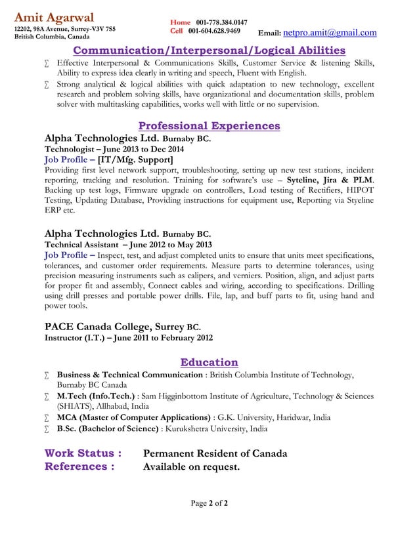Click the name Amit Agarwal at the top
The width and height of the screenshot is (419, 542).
tap(54, 17)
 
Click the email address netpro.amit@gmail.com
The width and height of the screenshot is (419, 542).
tap(330, 33)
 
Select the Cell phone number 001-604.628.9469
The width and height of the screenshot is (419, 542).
tap(214, 31)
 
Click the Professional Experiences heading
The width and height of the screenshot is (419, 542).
tap(209, 125)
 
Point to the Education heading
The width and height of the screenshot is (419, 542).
tap(209, 362)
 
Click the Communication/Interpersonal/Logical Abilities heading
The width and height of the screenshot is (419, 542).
tap(209, 51)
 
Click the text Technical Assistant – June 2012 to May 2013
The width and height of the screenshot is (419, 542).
tap(128, 244)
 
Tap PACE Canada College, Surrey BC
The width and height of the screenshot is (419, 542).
tap(122, 327)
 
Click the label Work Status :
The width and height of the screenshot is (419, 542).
tap(83, 453)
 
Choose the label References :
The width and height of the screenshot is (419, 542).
tap(79, 467)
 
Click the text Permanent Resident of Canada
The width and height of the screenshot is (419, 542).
tap(215, 453)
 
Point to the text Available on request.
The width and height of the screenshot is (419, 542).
tap(191, 467)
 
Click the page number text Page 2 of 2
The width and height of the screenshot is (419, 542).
tap(209, 504)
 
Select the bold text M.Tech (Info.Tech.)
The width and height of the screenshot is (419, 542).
tap(96, 396)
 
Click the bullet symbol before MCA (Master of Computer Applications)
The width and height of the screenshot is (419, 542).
tap(47, 418)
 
